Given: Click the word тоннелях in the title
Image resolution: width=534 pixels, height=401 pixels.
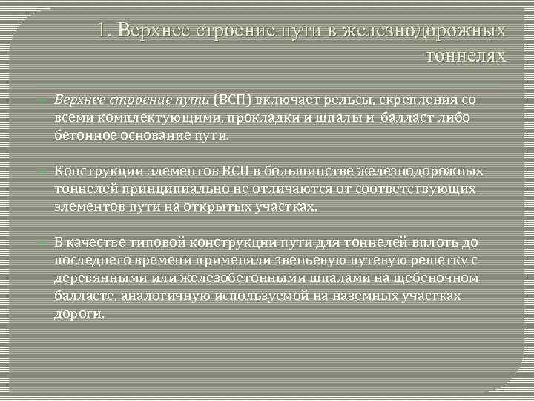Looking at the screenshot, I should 464,55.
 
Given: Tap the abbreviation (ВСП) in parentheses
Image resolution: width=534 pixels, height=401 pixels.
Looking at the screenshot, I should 232,99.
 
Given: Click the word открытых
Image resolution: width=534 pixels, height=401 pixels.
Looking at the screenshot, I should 226,208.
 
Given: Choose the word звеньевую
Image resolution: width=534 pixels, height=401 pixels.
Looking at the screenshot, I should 297,260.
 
